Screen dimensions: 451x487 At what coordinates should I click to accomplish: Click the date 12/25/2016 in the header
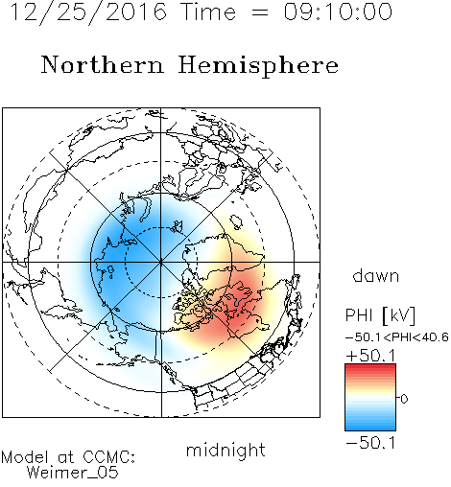[88, 12]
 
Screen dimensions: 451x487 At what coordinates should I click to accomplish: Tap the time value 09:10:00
[338, 12]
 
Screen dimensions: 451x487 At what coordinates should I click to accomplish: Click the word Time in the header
[208, 12]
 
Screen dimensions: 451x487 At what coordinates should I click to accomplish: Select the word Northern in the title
[103, 64]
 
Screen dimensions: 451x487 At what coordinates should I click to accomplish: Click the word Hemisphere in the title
[258, 66]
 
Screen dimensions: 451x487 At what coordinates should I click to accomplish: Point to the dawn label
[376, 275]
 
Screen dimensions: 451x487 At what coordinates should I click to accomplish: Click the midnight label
[225, 452]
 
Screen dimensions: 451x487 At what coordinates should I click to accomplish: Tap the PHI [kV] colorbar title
[380, 315]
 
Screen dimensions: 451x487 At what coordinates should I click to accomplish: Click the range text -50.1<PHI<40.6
[397, 337]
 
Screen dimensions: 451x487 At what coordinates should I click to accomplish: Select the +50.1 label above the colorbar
[370, 356]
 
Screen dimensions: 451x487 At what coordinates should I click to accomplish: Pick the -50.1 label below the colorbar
[370, 443]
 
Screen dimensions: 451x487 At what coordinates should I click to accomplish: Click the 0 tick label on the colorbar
[404, 399]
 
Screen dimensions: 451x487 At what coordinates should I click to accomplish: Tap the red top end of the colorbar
[370, 366]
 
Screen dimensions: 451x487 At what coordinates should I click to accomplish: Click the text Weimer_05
[73, 473]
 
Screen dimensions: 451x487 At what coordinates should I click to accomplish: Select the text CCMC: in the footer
[108, 457]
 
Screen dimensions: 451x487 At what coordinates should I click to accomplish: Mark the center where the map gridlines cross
[161, 262]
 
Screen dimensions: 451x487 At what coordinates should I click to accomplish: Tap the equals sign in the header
[260, 12]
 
